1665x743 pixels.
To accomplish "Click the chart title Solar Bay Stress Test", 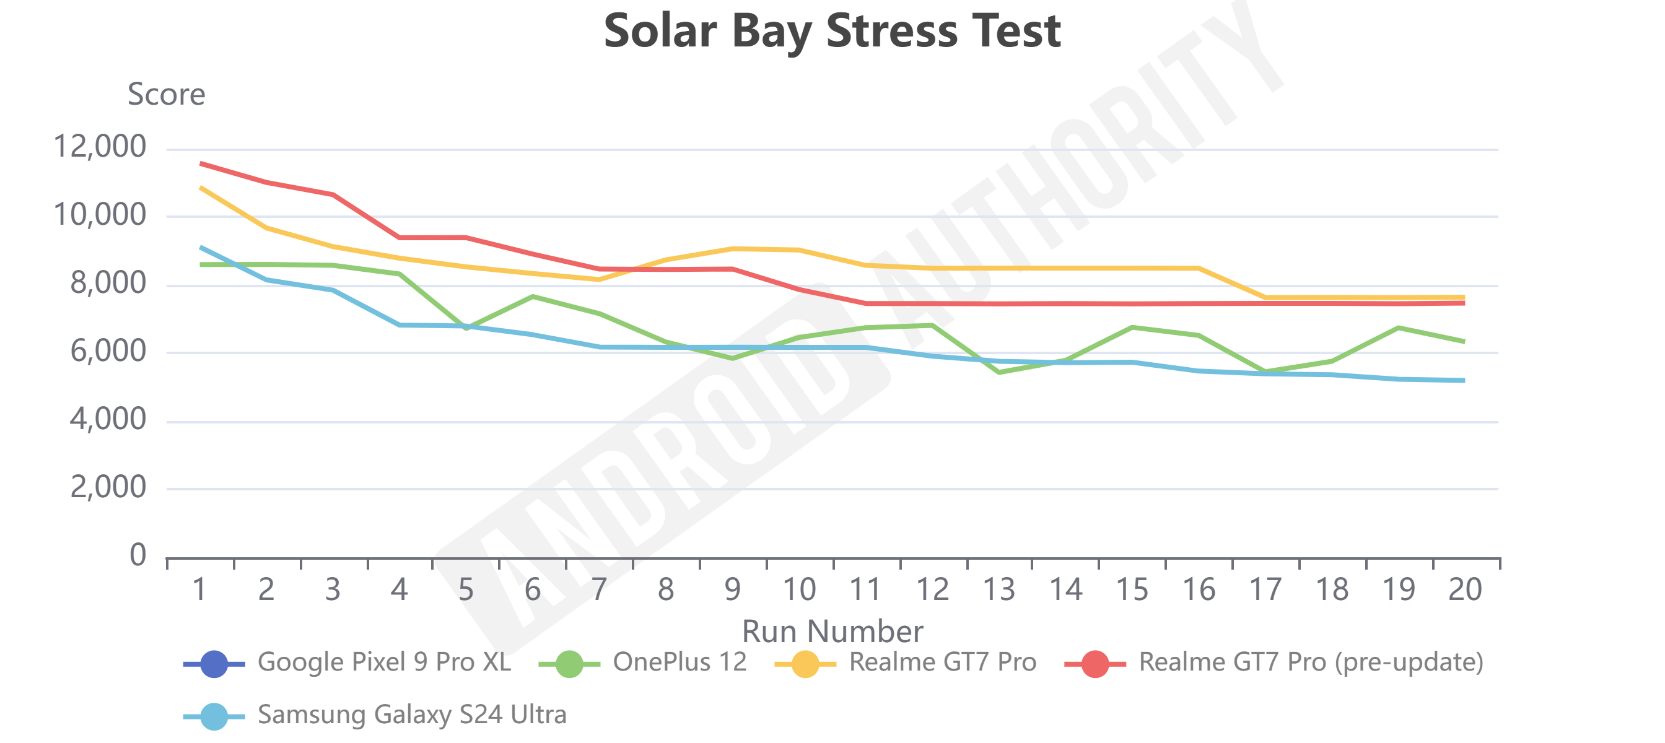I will coord(832,31).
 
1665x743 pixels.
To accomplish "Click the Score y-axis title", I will coord(166,94).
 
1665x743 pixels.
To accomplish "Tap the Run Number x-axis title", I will coord(832,630).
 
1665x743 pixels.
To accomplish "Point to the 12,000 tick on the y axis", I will coord(100,147).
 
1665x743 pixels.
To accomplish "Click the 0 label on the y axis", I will coord(138,555).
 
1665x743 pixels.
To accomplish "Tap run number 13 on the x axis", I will coord(999,589).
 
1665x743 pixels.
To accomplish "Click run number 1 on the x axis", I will coord(199,589).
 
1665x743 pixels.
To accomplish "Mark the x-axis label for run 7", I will coord(599,589).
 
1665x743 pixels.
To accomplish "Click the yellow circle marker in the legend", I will coord(805,664).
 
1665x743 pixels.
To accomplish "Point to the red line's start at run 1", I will coord(201,163).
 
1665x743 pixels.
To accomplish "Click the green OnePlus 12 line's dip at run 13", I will coord(999,372).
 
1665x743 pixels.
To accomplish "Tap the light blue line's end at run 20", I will coord(1464,381).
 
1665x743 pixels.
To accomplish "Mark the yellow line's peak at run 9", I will coord(733,249).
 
